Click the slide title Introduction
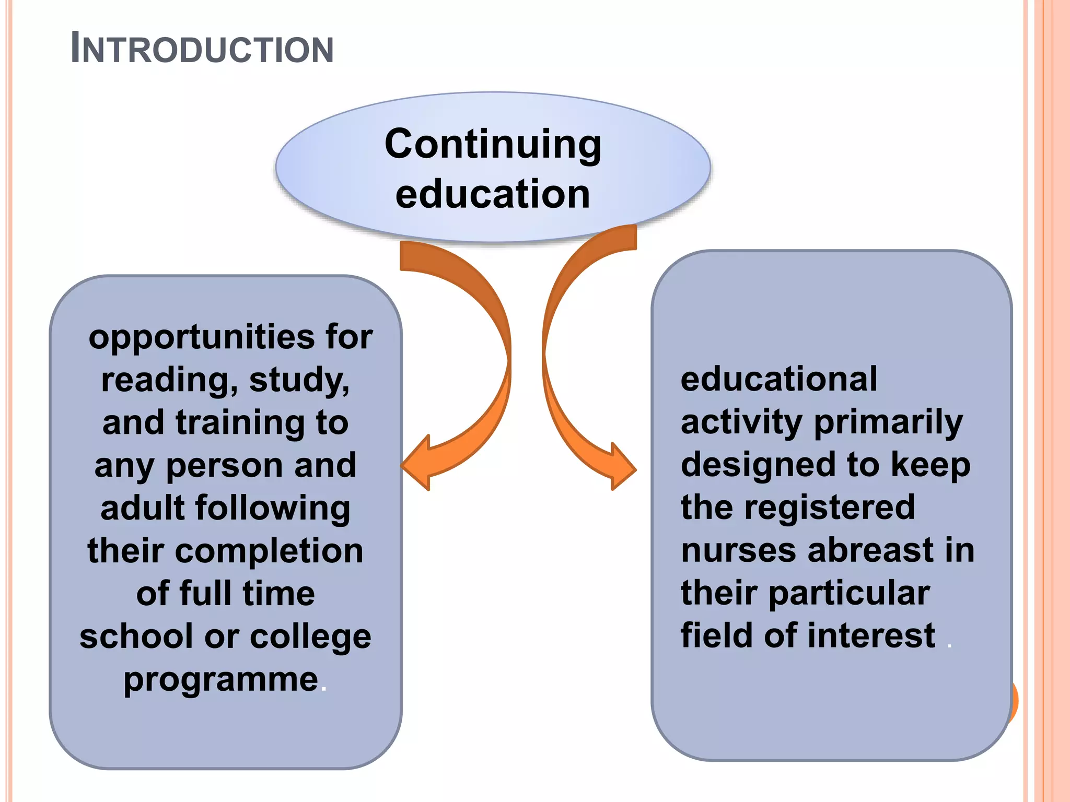click(202, 49)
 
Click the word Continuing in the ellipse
click(493, 145)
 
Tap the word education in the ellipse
click(493, 194)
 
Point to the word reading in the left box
click(165, 380)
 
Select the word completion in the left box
click(269, 551)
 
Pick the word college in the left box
click(310, 637)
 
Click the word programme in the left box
click(221, 680)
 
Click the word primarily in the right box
click(888, 422)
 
